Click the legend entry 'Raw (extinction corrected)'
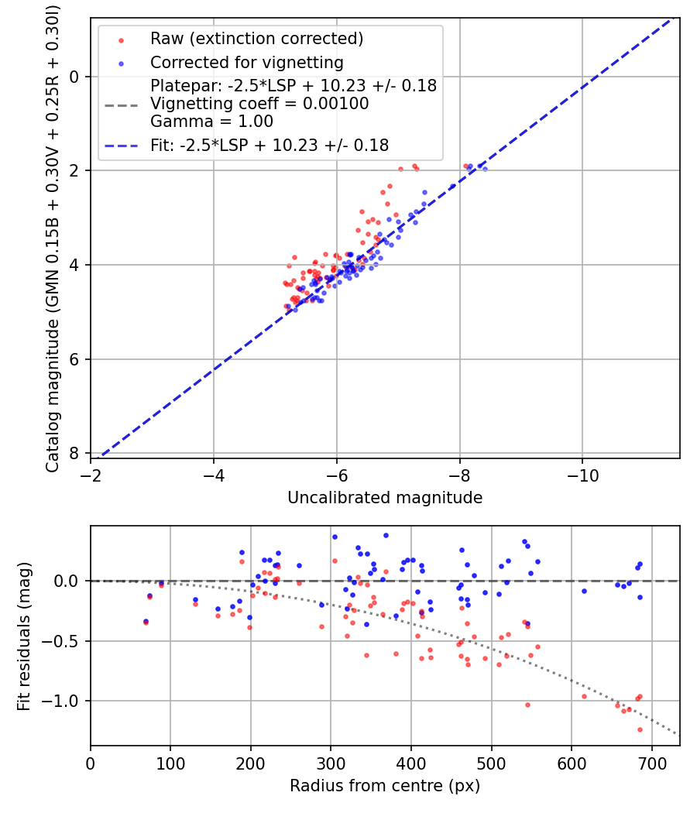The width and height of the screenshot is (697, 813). click(256, 39)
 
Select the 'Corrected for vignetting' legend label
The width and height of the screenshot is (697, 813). click(246, 62)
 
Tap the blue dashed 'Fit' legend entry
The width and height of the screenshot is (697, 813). click(269, 145)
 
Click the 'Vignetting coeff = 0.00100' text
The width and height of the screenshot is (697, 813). click(259, 104)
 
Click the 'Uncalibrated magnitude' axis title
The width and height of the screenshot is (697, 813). click(385, 498)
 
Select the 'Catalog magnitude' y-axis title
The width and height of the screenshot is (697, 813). click(53, 236)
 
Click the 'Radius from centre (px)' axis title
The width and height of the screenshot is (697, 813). click(385, 786)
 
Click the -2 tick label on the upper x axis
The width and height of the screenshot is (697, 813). click(91, 475)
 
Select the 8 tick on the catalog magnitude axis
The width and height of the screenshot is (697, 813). click(74, 453)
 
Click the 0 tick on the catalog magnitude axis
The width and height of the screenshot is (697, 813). click(74, 76)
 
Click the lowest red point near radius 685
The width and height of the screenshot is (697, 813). click(640, 729)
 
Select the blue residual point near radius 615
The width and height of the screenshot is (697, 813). click(584, 591)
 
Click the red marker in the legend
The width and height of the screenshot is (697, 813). click(121, 39)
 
